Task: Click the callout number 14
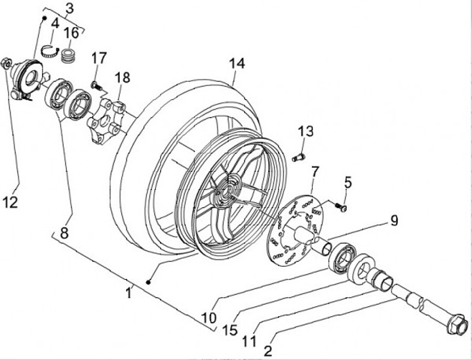click(237, 64)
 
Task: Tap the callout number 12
click(10, 202)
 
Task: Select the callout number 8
click(64, 233)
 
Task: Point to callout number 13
click(306, 131)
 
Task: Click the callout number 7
click(315, 172)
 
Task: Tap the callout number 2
click(267, 351)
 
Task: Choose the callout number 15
click(230, 330)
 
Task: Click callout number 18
click(122, 77)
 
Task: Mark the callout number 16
click(71, 33)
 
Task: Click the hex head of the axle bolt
click(456, 324)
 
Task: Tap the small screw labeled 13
click(299, 157)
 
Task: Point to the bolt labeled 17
click(96, 85)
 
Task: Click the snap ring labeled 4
click(49, 52)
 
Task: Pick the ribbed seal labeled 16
click(68, 56)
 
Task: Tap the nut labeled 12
click(7, 63)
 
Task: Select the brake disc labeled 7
click(295, 231)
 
